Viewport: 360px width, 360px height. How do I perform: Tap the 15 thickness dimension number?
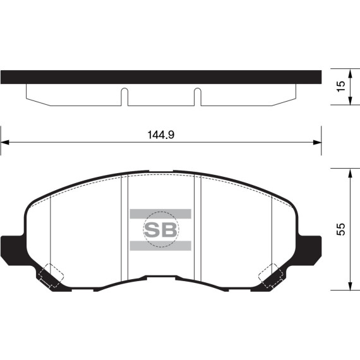[342, 88]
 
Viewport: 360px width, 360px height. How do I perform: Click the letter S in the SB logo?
[152, 229]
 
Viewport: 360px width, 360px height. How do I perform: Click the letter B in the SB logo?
[169, 229]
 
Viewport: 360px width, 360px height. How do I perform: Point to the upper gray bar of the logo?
[160, 213]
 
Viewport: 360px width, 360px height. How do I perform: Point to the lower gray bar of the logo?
[160, 244]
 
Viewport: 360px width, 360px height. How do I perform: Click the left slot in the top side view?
[124, 96]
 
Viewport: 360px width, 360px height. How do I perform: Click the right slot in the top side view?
[197, 96]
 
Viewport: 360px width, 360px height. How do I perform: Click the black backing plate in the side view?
[160, 77]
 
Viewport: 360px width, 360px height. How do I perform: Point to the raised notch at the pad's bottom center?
[160, 277]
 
